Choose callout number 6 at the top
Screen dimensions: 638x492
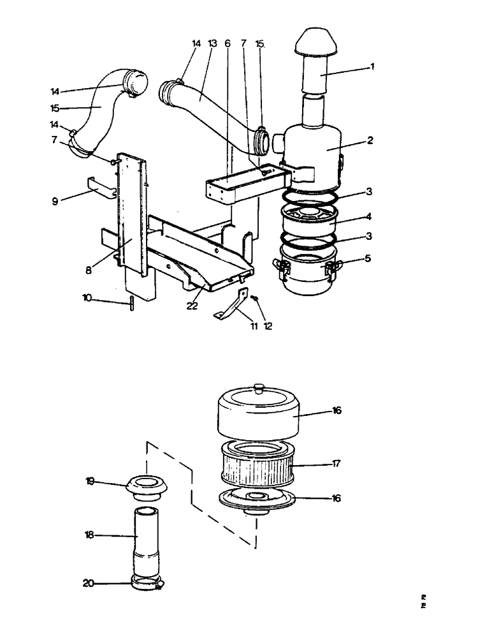coord(227,43)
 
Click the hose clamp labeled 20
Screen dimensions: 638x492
coord(147,582)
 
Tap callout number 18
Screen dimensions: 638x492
coord(89,535)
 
